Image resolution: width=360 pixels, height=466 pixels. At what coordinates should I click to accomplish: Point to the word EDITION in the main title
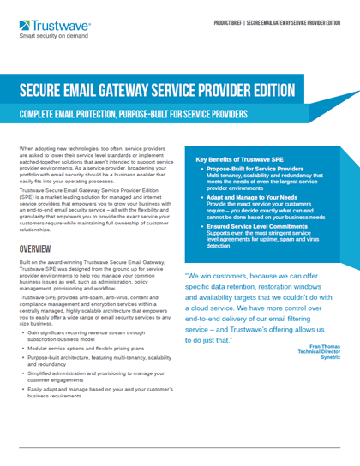273,91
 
